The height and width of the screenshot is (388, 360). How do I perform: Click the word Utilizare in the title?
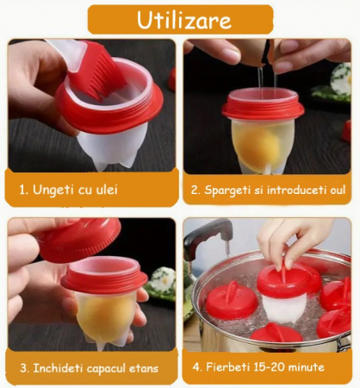click(184, 20)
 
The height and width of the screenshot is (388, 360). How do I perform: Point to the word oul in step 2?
click(338, 190)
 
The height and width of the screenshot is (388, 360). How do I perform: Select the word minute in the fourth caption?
click(307, 367)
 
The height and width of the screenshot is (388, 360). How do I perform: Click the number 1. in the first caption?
click(24, 190)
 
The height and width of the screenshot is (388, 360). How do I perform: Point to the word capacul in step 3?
click(106, 369)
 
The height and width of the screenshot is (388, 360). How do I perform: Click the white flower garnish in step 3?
click(163, 280)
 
